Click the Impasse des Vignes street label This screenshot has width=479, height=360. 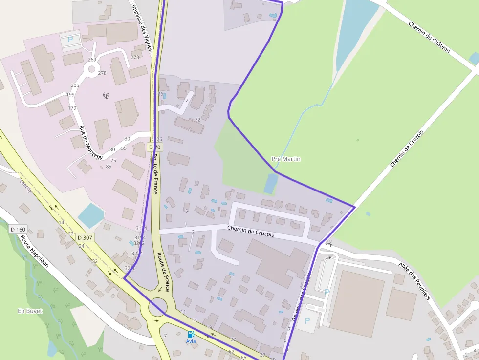point(143,27)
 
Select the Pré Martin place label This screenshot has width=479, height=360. point(286,159)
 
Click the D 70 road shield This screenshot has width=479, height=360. point(155,147)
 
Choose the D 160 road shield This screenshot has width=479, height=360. point(18,229)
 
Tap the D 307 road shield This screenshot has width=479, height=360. point(85,238)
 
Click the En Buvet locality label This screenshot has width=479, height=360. point(30,311)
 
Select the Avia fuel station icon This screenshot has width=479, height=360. point(191,334)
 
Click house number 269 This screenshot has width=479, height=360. point(92,60)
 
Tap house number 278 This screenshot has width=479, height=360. point(102,73)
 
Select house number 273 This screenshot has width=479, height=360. point(135,57)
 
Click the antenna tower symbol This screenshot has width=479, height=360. point(106,95)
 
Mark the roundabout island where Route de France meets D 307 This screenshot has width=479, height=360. point(157,308)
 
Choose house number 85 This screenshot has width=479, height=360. point(109,167)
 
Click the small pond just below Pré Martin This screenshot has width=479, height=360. point(271,184)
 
